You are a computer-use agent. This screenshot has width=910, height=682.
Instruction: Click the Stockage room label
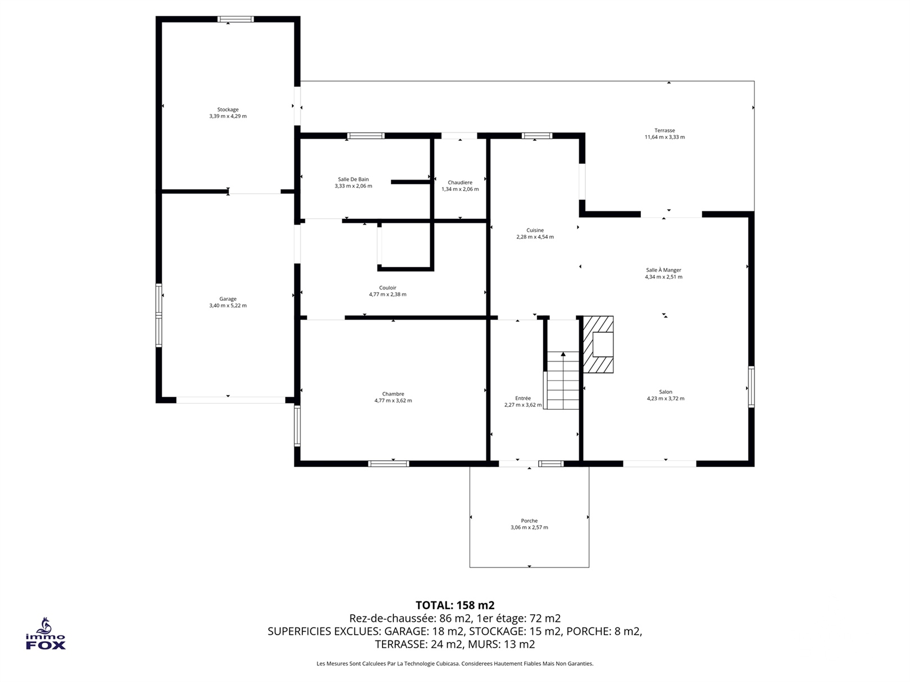click(228, 109)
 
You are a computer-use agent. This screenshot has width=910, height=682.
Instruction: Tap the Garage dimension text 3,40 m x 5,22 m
click(228, 305)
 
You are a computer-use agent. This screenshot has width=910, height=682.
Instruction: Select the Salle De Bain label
click(353, 179)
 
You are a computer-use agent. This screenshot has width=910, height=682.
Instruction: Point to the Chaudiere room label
click(459, 182)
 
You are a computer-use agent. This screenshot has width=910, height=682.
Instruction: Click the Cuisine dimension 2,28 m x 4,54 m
click(535, 237)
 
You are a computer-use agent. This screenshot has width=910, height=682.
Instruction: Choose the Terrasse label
click(665, 130)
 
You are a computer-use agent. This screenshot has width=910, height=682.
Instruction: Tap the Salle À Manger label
click(663, 270)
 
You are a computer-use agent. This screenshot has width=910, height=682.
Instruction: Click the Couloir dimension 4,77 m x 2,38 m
click(388, 295)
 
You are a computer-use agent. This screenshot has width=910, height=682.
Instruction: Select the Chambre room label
click(393, 394)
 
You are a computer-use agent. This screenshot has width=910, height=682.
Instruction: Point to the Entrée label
click(523, 399)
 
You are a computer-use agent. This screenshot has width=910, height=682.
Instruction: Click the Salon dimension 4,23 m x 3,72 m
click(666, 399)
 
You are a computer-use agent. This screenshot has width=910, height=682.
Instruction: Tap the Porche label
click(529, 521)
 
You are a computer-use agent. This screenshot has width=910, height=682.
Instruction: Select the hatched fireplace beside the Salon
click(598, 345)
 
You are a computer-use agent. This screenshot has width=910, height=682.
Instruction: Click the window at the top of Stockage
click(235, 19)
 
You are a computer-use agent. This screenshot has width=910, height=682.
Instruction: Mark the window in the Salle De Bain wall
click(366, 136)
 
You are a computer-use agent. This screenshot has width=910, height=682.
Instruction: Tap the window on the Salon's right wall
click(751, 387)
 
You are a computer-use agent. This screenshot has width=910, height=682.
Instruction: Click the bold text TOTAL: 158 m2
click(455, 606)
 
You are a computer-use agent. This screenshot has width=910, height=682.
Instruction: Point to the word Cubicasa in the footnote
click(449, 663)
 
